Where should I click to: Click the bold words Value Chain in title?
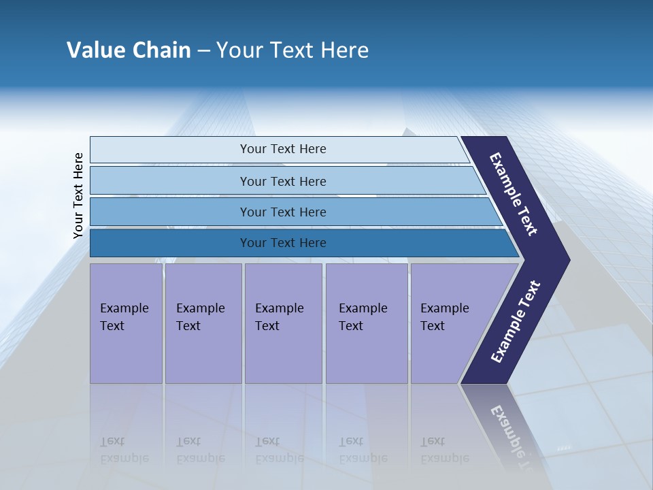tap(129, 50)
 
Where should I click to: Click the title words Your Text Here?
tap(292, 50)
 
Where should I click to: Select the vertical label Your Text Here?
tap(78, 195)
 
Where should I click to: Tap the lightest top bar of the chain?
tap(282, 149)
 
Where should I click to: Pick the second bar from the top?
tap(282, 181)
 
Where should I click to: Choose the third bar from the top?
tap(282, 212)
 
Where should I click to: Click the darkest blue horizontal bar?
tap(282, 243)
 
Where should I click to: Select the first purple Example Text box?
tap(126, 323)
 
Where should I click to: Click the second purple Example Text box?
tap(203, 323)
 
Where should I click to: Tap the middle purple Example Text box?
tap(283, 323)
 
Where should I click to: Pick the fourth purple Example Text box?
tap(366, 323)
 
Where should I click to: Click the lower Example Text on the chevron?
tap(516, 321)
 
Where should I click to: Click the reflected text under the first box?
tap(124, 450)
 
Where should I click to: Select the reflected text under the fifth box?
tap(445, 450)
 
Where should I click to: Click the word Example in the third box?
tap(279, 308)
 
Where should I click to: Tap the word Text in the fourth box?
tap(351, 326)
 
